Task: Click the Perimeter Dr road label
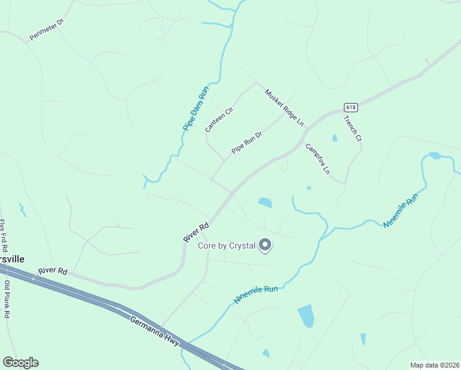click(47, 30)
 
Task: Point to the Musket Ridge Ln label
click(284, 108)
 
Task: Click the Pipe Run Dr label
click(247, 142)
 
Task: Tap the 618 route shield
click(351, 107)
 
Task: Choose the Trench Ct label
click(353, 129)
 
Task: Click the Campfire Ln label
click(317, 158)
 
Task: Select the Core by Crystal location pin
click(266, 245)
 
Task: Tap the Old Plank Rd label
click(7, 299)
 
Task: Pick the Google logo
click(20, 363)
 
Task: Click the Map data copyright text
click(434, 364)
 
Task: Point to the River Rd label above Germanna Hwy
click(52, 271)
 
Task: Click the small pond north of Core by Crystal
click(265, 202)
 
